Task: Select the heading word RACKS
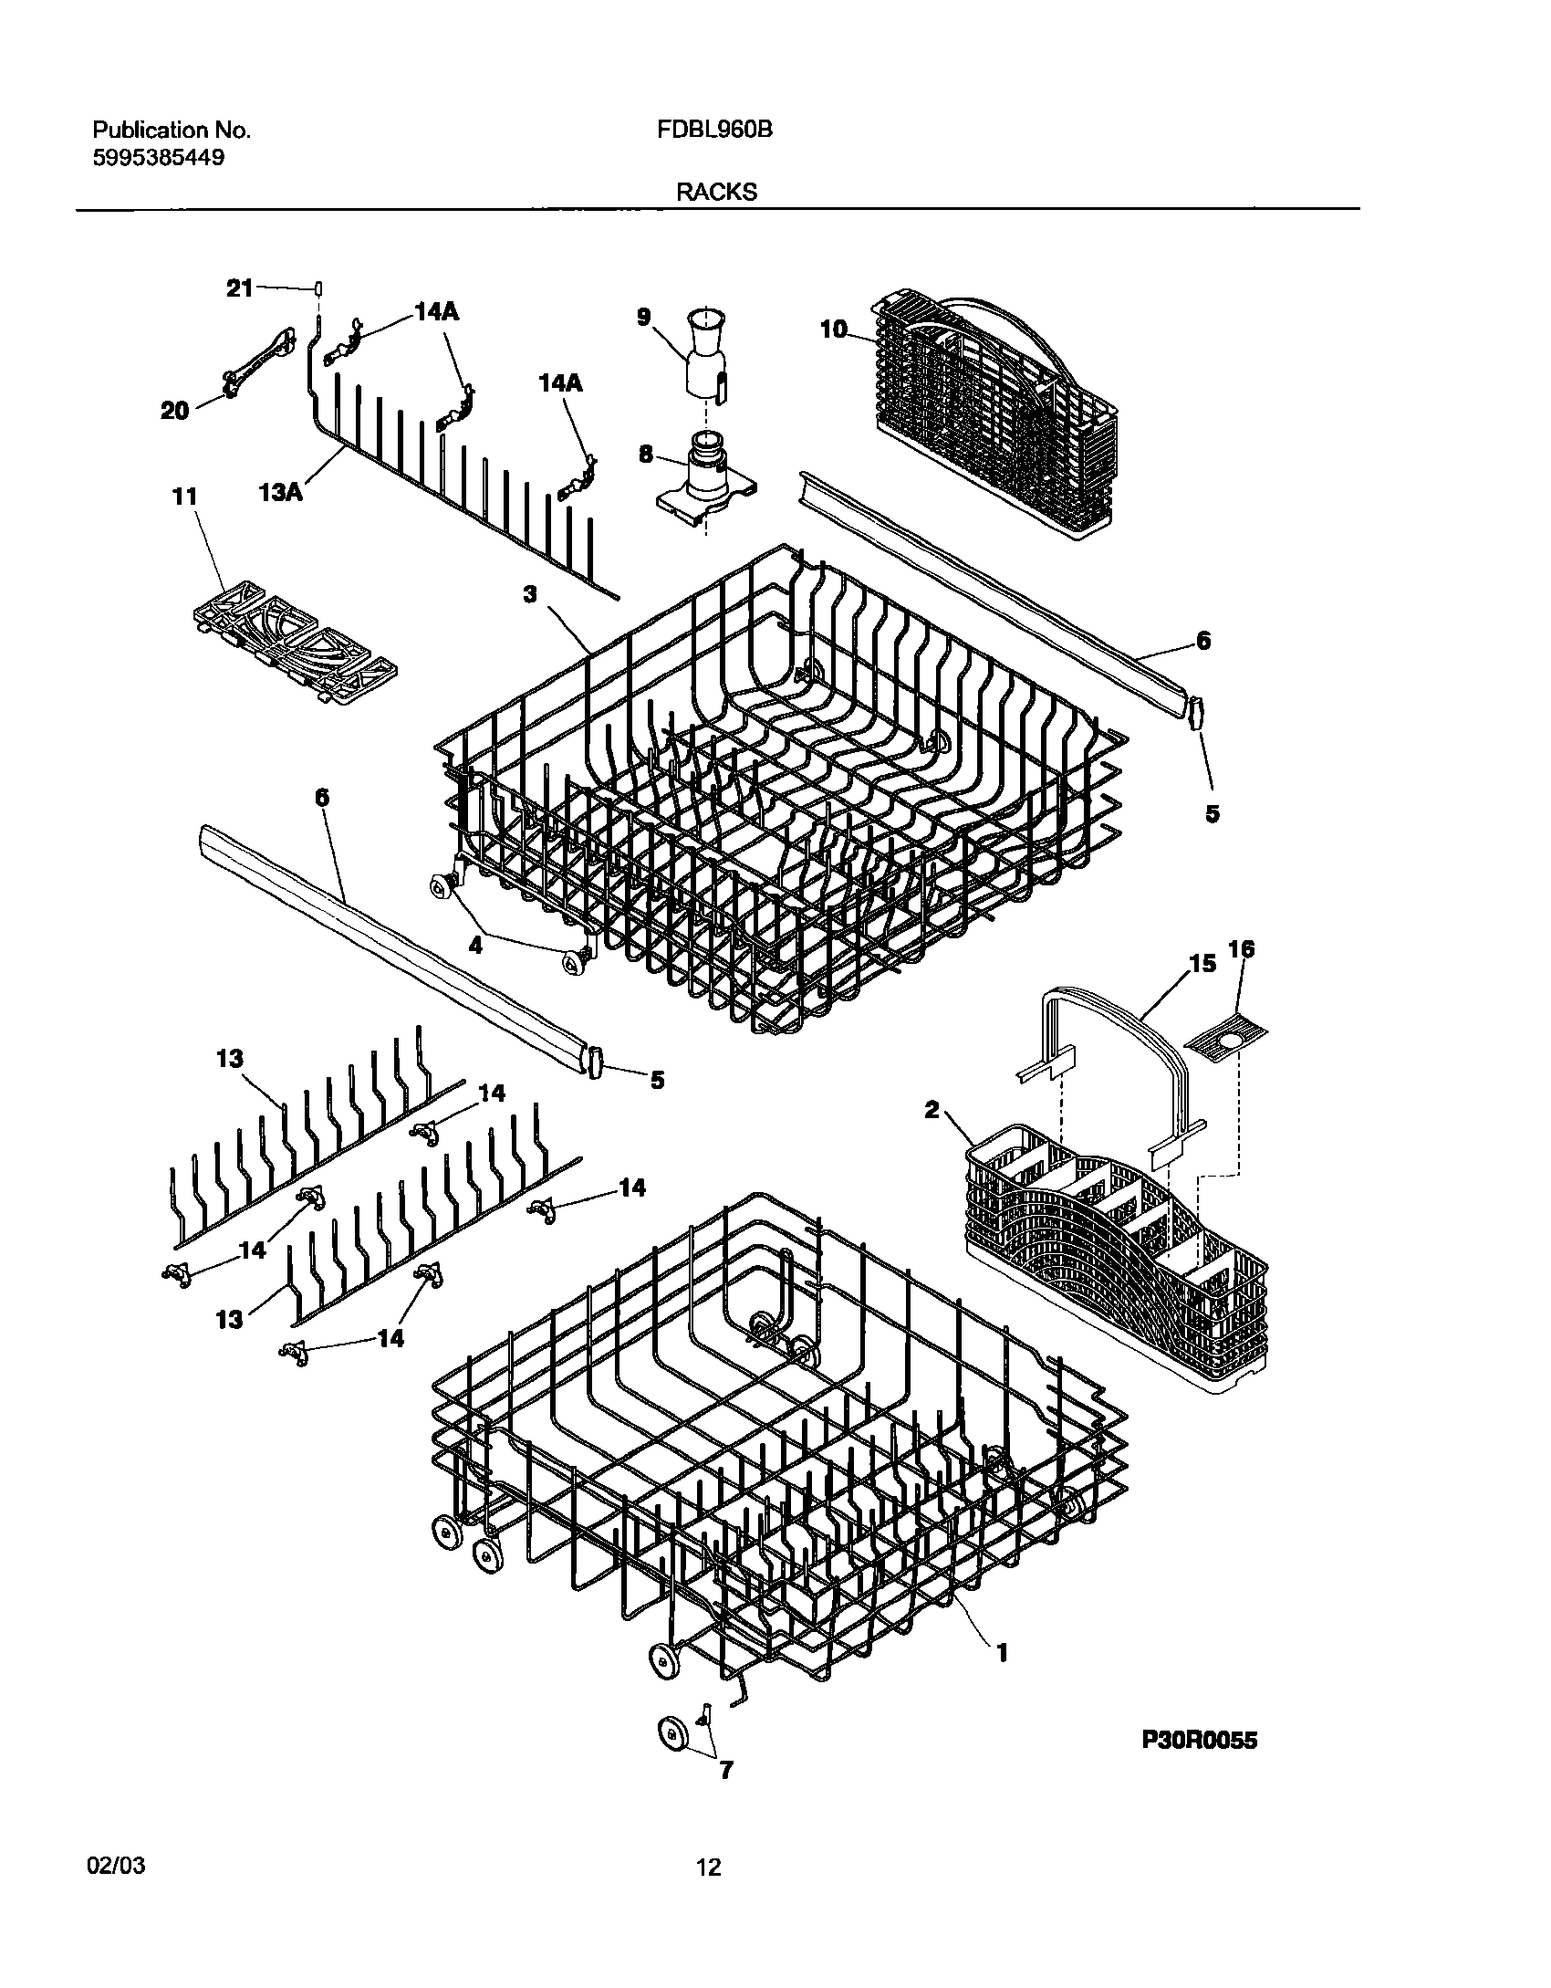(716, 193)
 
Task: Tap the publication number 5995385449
(159, 157)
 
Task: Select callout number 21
(239, 288)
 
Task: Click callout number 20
(174, 411)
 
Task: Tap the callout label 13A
(280, 492)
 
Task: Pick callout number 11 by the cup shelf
(184, 497)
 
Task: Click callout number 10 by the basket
(834, 330)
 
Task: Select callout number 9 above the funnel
(644, 317)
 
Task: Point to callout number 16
(1241, 949)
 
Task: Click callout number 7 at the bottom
(725, 1796)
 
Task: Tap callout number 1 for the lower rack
(1002, 1653)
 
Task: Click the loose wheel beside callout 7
(673, 1733)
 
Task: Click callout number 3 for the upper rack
(530, 594)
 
